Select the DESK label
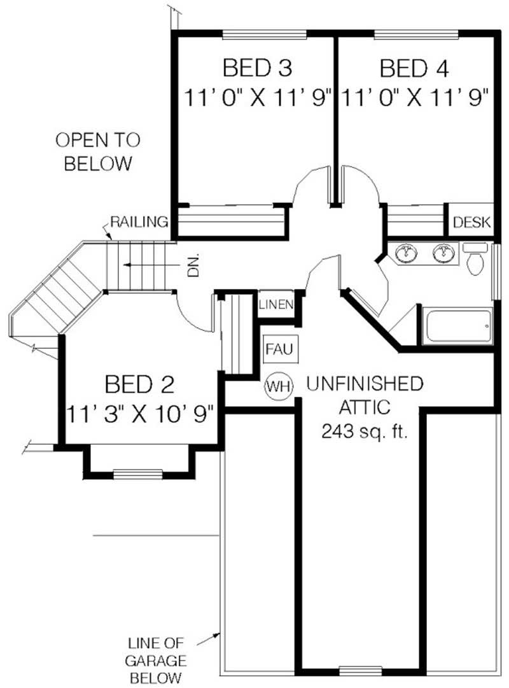(472, 222)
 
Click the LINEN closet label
(276, 304)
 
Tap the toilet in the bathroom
(475, 260)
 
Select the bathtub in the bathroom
(457, 326)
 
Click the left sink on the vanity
(405, 253)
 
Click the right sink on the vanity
(443, 253)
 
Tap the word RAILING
(139, 222)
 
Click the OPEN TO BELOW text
(97, 151)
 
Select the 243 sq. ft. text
(364, 432)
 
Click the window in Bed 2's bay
(139, 473)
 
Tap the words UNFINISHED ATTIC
(364, 395)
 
